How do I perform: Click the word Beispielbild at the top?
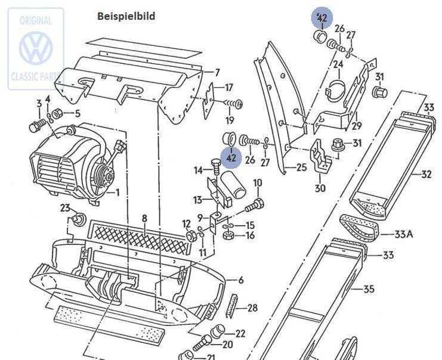[x=126, y=16]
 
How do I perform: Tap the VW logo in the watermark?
[x=36, y=48]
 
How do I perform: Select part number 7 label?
[x=217, y=73]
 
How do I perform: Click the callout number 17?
[x=228, y=88]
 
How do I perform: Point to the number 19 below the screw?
[x=230, y=120]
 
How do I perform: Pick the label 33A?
[x=403, y=234]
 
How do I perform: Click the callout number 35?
[x=369, y=288]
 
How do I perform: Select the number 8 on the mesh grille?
[x=144, y=218]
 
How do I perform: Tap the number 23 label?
[x=65, y=208]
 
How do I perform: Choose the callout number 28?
[x=252, y=308]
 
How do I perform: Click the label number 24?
[x=338, y=64]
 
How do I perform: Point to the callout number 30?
[x=320, y=188]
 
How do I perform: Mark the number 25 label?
[x=301, y=167]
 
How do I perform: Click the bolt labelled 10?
[x=254, y=206]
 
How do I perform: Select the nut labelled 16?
[x=228, y=235]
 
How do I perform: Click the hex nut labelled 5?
[x=58, y=113]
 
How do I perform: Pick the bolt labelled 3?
[x=37, y=125]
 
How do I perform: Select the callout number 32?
[x=426, y=175]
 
